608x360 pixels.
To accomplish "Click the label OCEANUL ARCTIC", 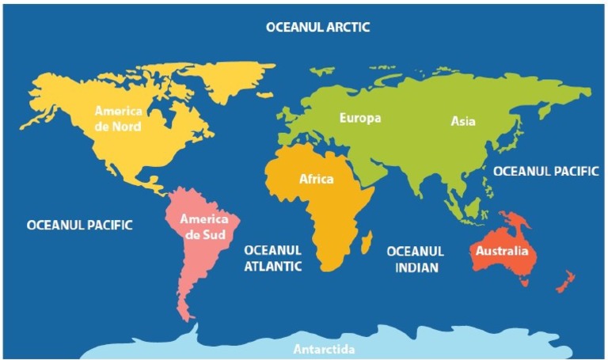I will coord(317,27).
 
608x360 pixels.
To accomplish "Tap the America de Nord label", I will coord(119,118).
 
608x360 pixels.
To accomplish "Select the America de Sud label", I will coord(204,226).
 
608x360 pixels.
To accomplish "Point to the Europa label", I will coord(360,119).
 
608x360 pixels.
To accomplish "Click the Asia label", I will coord(463,121).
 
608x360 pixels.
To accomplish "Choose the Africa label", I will coord(316,179).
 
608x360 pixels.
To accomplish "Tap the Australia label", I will coord(501,252).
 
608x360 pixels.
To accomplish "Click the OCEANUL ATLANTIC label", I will coord(272,258).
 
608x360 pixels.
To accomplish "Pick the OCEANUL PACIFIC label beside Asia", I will coord(546,171).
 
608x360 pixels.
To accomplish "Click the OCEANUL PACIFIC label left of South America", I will coord(79,225).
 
